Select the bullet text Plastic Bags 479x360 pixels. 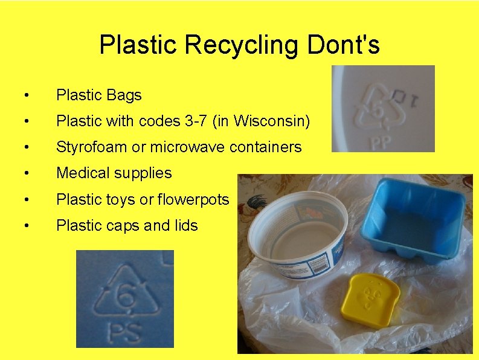(x=98, y=95)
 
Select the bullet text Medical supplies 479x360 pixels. (x=114, y=173)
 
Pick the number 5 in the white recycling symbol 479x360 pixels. (x=376, y=111)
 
